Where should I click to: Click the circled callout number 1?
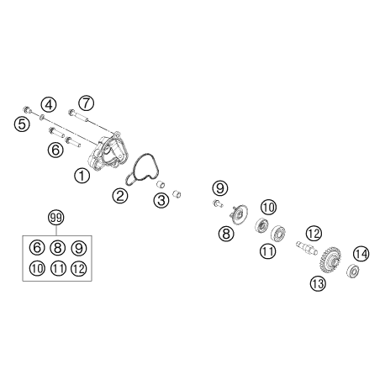pyautogui.click(x=82, y=176)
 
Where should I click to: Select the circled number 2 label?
pyautogui.click(x=120, y=196)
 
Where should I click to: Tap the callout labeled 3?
pyautogui.click(x=161, y=200)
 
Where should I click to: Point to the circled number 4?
pyautogui.click(x=49, y=105)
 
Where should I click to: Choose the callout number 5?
pyautogui.click(x=22, y=124)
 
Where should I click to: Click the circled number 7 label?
pyautogui.click(x=86, y=103)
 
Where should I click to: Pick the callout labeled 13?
pyautogui.click(x=318, y=283)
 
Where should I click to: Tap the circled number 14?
pyautogui.click(x=361, y=254)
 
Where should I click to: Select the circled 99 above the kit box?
pyautogui.click(x=56, y=218)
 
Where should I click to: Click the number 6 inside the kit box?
pyautogui.click(x=37, y=248)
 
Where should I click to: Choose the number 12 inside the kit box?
pyautogui.click(x=79, y=268)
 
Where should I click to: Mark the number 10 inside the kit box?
pyautogui.click(x=37, y=268)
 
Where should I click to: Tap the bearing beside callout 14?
pyautogui.click(x=353, y=271)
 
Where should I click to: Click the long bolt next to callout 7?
pyautogui.click(x=78, y=116)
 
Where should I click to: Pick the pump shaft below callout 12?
pyautogui.click(x=307, y=248)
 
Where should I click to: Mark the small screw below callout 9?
pyautogui.click(x=218, y=203)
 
